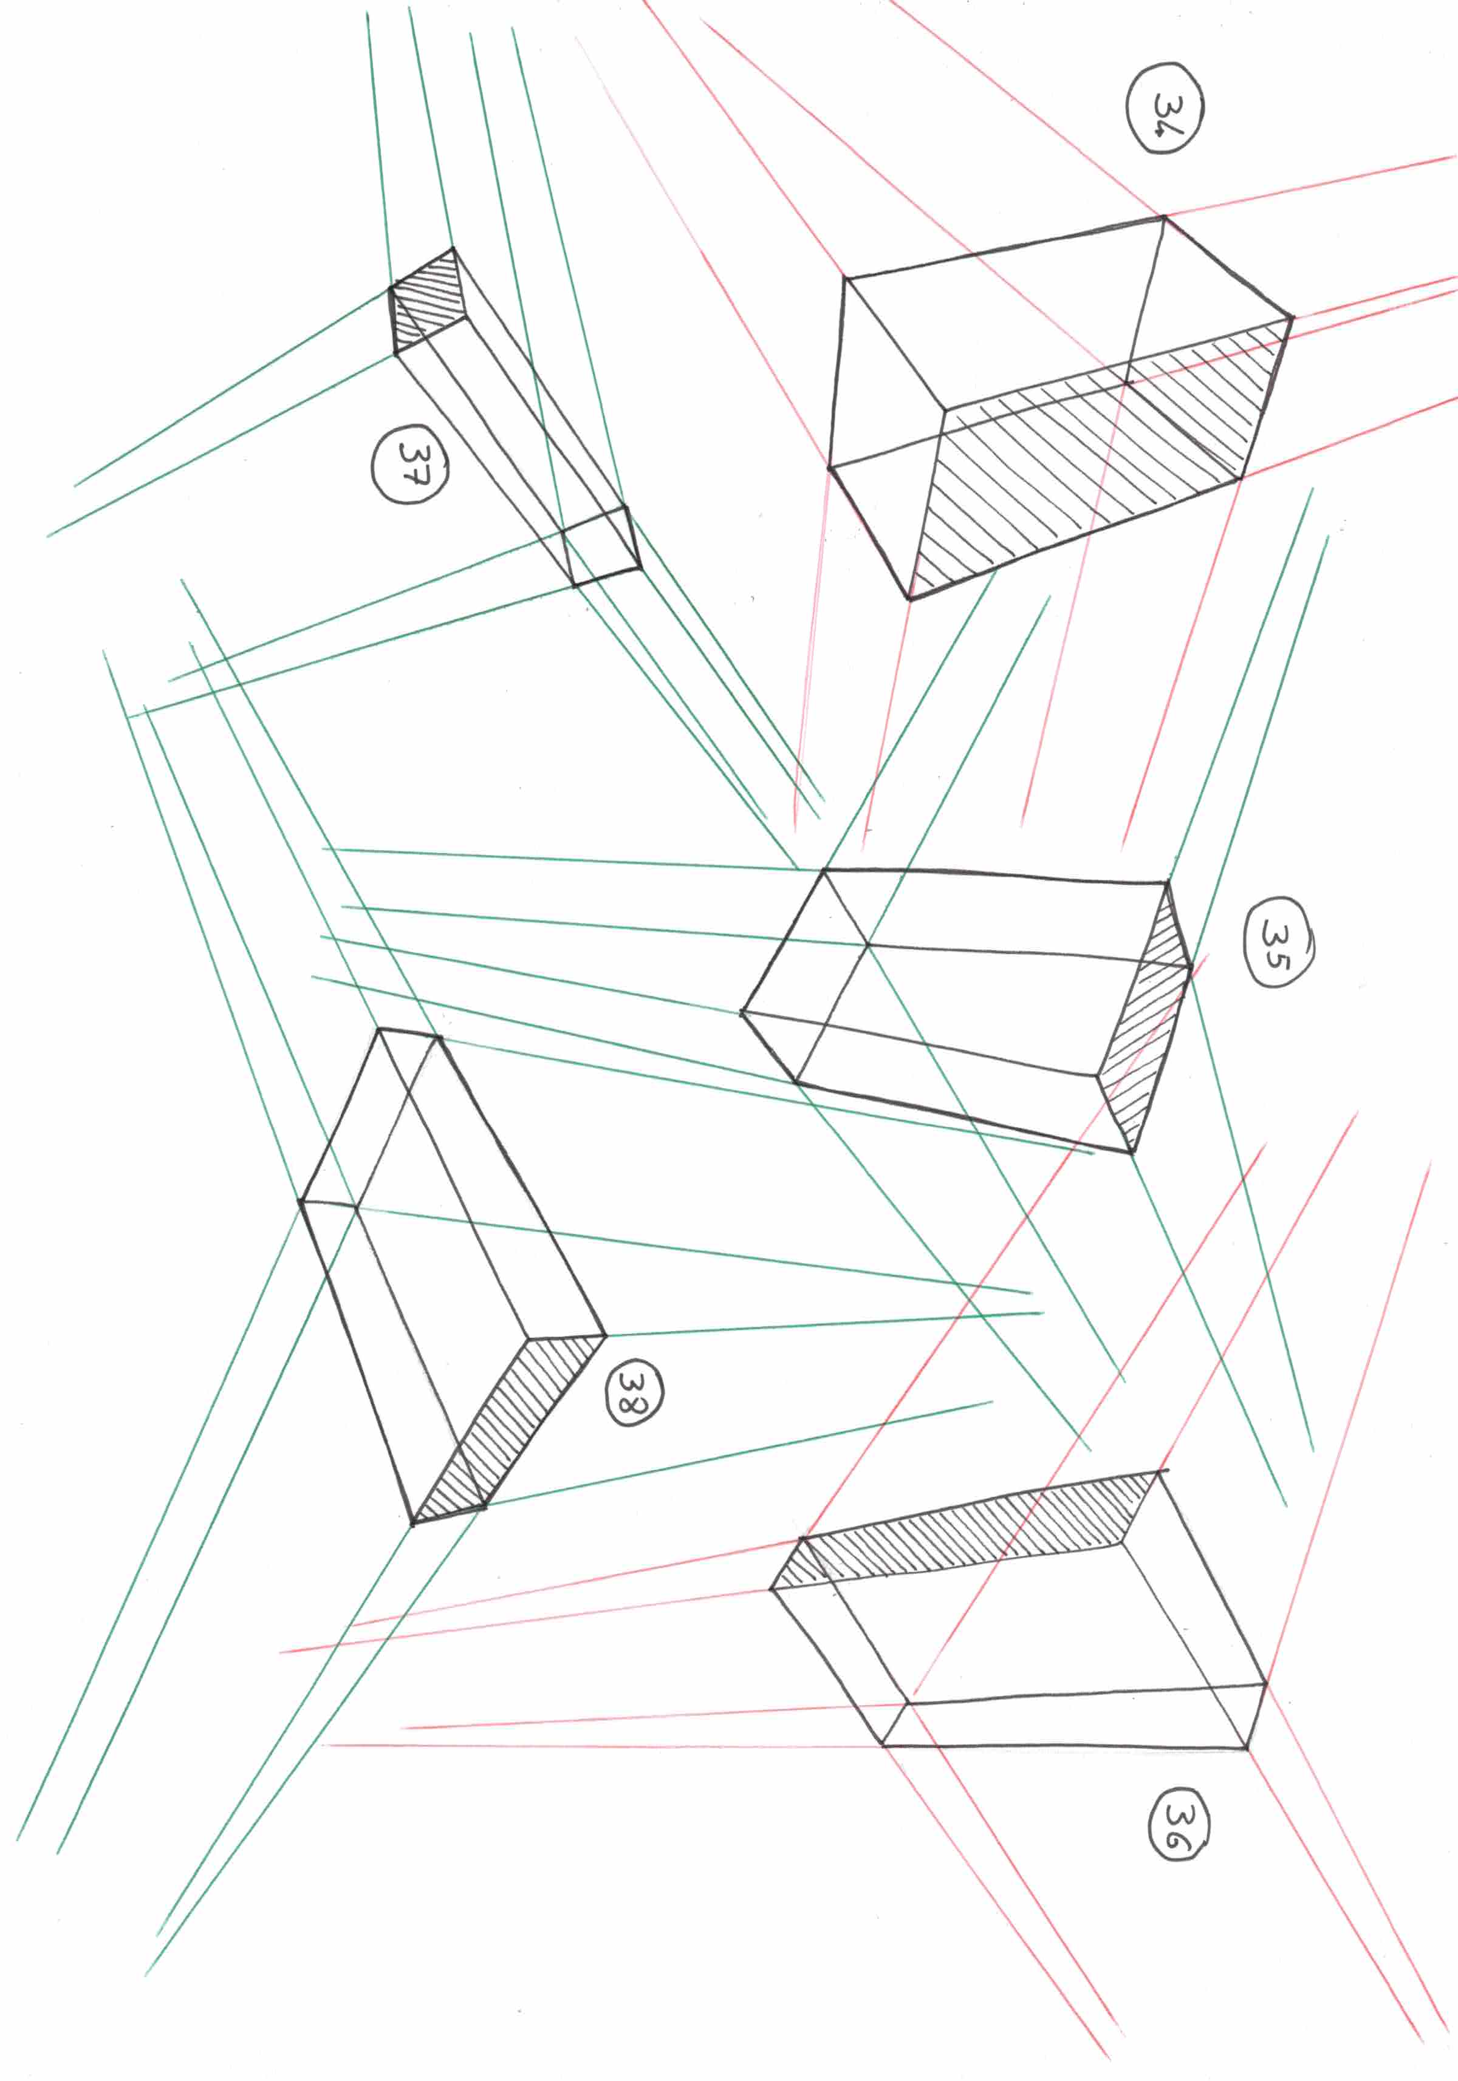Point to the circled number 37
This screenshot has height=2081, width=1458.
pyautogui.click(x=410, y=464)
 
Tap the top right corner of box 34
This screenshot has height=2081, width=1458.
pyautogui.click(x=1164, y=217)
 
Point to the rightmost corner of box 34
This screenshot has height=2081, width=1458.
pyautogui.click(x=1293, y=318)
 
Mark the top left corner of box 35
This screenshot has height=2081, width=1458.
pyautogui.click(x=823, y=870)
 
